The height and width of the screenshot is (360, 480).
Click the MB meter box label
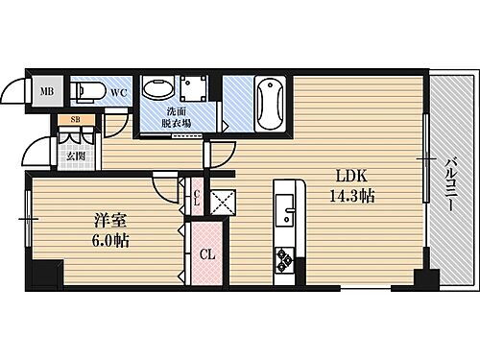click(x=45, y=93)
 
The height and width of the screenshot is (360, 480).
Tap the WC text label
click(x=118, y=92)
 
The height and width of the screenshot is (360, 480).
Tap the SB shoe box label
click(x=71, y=121)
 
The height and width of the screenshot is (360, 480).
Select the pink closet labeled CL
click(x=206, y=255)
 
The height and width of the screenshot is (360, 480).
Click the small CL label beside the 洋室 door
click(x=196, y=199)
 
